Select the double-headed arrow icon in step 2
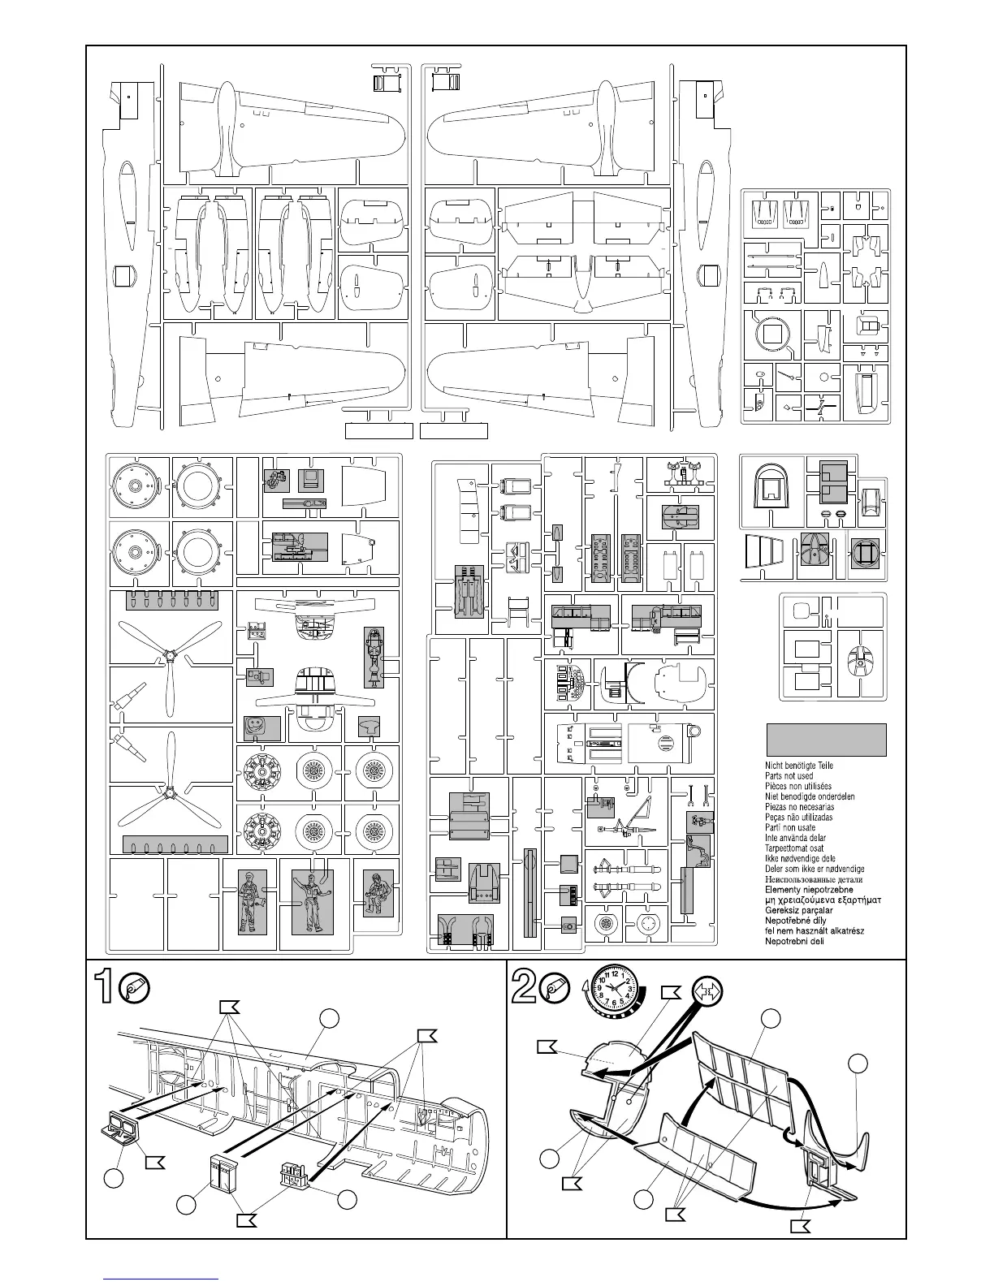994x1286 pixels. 707,992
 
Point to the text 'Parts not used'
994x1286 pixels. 789,776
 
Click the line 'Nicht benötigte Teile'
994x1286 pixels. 799,766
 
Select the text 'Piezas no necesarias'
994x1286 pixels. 799,807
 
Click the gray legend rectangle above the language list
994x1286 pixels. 826,740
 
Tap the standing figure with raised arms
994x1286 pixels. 311,901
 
